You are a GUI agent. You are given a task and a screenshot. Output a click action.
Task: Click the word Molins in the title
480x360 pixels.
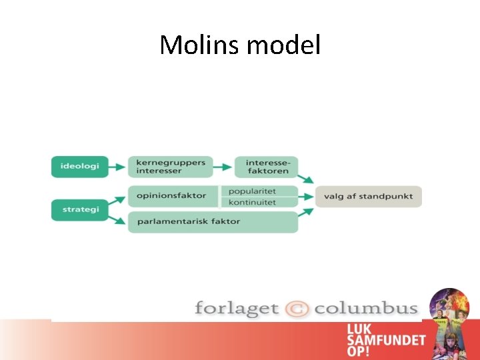pyautogui.click(x=201, y=45)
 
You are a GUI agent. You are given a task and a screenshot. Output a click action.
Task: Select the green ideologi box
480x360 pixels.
pyautogui.click(x=79, y=166)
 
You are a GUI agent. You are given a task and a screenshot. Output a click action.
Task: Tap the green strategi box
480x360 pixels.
pyautogui.click(x=79, y=210)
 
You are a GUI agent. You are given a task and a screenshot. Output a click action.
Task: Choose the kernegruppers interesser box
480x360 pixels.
pyautogui.click(x=171, y=166)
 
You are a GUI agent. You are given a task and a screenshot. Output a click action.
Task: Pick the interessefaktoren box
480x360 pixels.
pyautogui.click(x=266, y=166)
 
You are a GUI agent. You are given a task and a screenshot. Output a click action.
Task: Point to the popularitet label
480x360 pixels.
pyautogui.click(x=253, y=191)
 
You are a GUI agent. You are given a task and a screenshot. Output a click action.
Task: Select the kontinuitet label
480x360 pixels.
pyautogui.click(x=253, y=202)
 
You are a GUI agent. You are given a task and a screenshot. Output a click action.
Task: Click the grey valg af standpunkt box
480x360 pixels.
pyautogui.click(x=368, y=196)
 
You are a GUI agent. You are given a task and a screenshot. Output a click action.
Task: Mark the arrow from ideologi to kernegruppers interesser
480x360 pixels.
pyautogui.click(x=118, y=166)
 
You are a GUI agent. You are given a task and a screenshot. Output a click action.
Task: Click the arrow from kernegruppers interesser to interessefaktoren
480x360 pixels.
pyautogui.click(x=223, y=166)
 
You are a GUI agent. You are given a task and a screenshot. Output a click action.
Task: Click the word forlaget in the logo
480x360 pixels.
pyautogui.click(x=236, y=309)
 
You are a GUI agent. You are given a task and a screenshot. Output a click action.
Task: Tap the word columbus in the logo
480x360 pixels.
pyautogui.click(x=366, y=309)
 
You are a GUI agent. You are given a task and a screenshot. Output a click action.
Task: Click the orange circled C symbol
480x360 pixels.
pyautogui.click(x=297, y=309)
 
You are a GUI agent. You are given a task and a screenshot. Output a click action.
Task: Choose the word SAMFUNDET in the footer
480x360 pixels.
pyautogui.click(x=385, y=340)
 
